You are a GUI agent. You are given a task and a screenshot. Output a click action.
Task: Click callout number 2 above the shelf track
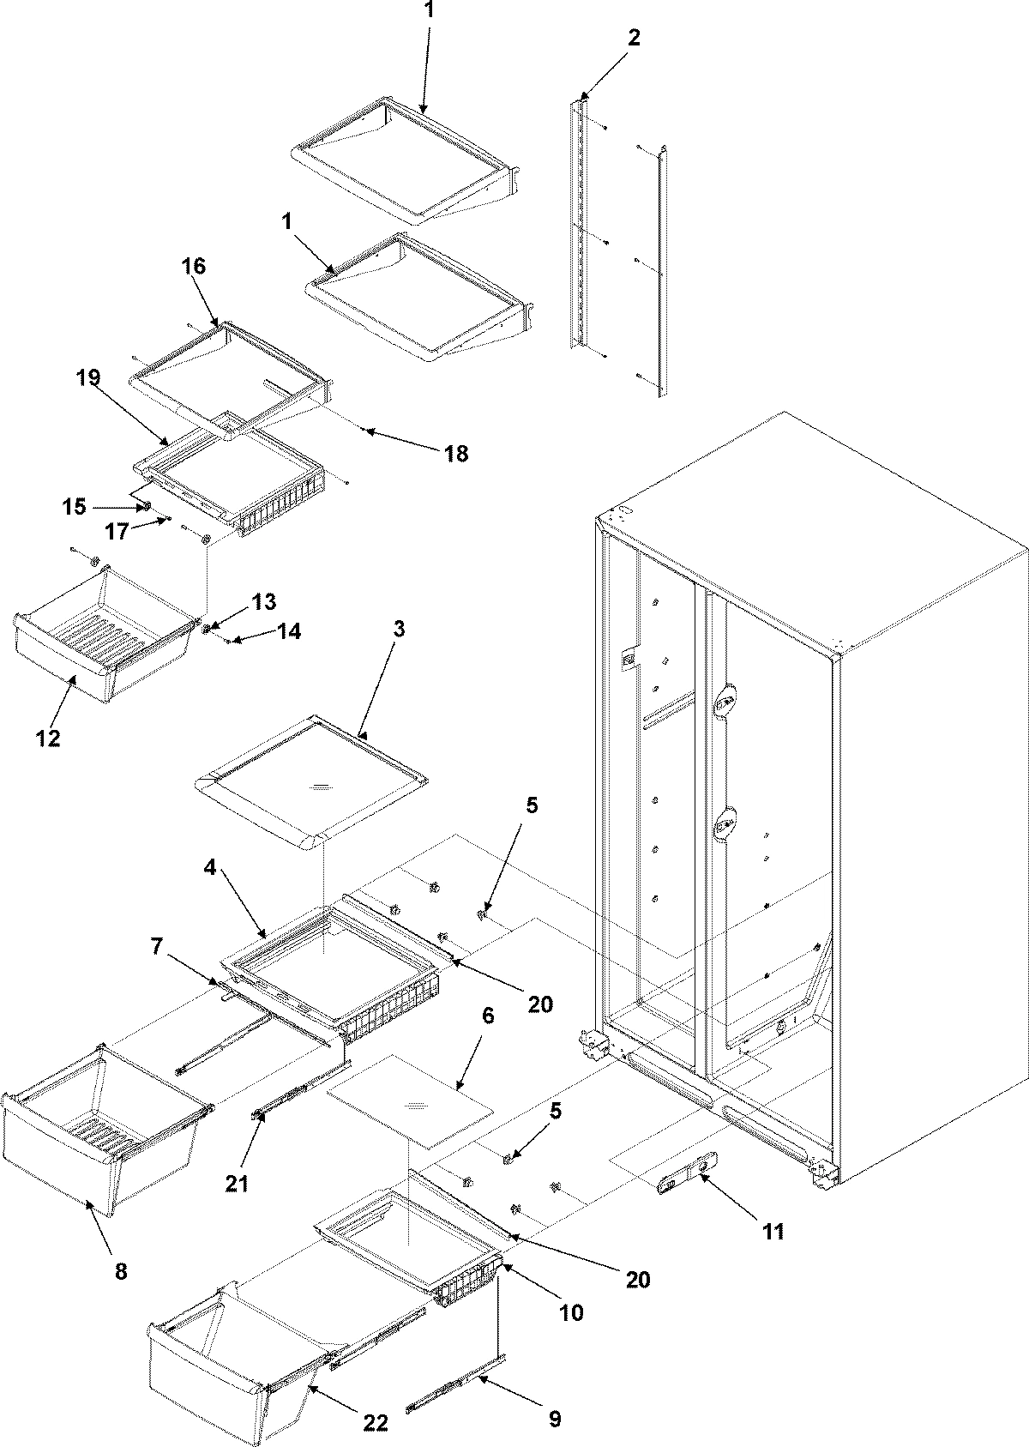634,38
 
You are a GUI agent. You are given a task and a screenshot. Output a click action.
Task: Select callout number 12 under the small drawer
48,738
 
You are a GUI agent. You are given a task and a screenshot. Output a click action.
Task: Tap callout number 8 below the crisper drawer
120,1271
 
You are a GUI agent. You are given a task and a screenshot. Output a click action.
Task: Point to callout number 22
376,1422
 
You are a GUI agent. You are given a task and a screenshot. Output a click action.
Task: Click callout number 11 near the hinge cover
773,1232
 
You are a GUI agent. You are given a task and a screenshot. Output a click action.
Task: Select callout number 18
456,453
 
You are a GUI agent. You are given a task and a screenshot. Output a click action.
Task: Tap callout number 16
194,265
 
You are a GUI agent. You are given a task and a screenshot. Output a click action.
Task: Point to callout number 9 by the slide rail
554,1420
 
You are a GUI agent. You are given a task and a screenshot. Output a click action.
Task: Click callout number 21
237,1184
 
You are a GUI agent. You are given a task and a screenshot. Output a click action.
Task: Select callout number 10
571,1311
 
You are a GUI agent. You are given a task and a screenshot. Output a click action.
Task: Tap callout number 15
74,506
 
